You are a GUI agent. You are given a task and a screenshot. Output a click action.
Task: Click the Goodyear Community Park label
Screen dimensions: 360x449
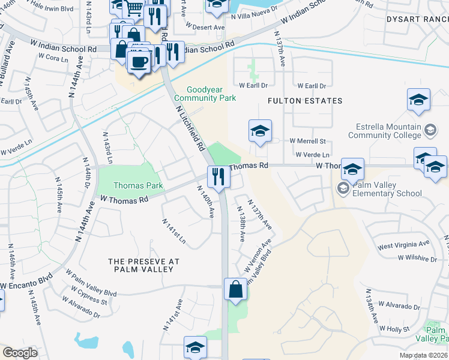[204, 94]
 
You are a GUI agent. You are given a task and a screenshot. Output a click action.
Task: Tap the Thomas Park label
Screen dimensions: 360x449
[130, 186]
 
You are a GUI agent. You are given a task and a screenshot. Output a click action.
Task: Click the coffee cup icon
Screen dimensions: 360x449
[140, 62]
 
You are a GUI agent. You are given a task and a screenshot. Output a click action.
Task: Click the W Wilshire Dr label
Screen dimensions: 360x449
[417, 259]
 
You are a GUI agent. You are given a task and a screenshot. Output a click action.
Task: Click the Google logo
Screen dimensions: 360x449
[20, 353]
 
